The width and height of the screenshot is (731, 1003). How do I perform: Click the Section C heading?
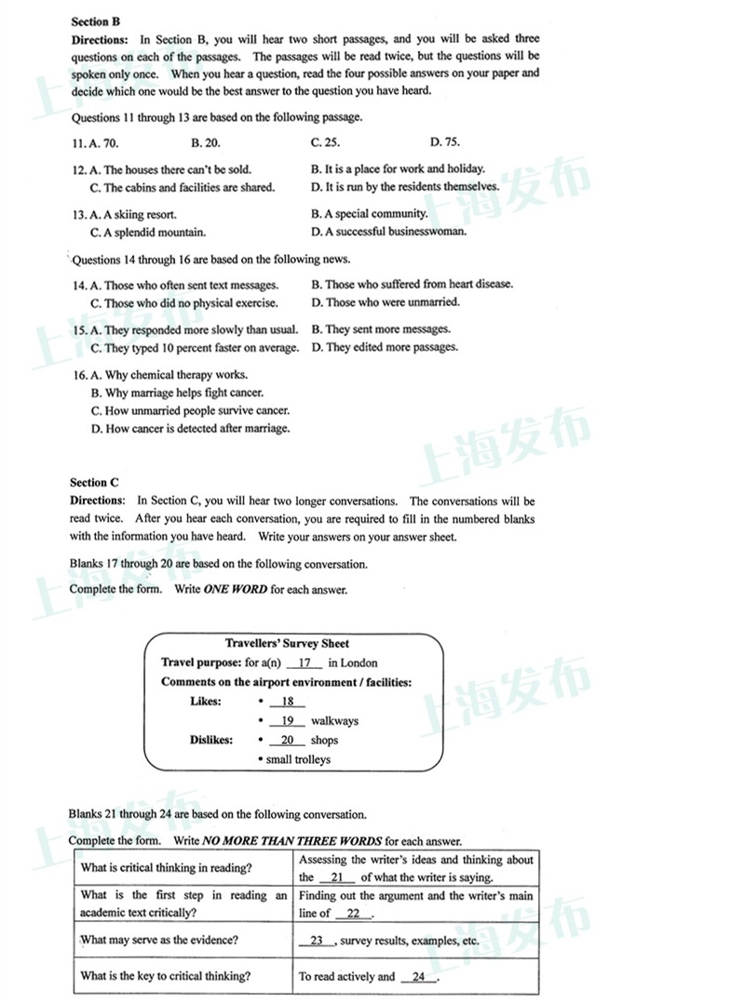(x=95, y=482)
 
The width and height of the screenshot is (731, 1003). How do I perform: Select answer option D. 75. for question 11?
(x=445, y=142)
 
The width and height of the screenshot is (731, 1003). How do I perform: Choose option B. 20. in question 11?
(x=206, y=142)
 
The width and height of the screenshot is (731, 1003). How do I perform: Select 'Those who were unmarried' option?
(x=386, y=302)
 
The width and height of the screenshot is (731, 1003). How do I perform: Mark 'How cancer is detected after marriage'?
(x=190, y=429)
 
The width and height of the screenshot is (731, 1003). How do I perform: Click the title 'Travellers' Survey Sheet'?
(x=288, y=643)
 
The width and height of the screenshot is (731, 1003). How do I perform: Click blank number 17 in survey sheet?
(x=305, y=663)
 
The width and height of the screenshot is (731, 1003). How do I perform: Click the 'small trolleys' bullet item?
(x=297, y=759)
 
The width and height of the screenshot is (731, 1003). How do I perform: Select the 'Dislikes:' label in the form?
(x=212, y=741)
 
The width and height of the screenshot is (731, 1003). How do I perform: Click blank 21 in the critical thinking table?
(x=337, y=877)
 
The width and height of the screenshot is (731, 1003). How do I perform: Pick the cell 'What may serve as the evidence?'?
(x=159, y=940)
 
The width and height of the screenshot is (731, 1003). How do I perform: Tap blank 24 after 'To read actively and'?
(x=418, y=977)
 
